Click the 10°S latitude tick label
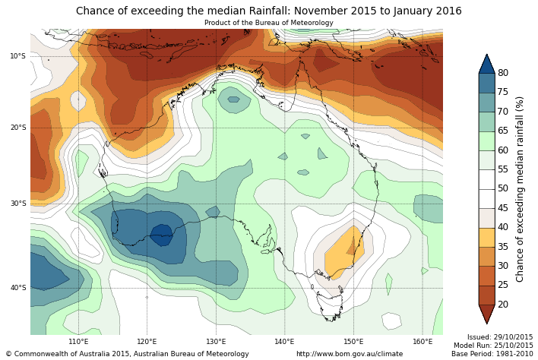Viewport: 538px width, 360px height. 17,56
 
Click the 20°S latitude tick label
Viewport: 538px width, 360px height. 17,128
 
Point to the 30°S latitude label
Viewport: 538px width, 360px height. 17,204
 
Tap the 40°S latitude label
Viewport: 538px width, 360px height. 17,288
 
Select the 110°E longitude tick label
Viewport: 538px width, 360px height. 78,341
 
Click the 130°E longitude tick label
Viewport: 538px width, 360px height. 216,341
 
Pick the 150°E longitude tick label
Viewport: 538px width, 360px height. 353,341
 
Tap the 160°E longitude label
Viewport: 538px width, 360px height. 422,341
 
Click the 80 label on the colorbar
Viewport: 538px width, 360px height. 503,73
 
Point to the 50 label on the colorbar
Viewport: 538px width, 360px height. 503,188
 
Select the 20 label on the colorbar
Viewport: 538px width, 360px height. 503,305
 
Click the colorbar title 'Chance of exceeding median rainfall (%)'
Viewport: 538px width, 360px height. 521,188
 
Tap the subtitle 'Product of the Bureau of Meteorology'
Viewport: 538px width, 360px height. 268,23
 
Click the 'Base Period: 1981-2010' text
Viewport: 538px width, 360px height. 492,354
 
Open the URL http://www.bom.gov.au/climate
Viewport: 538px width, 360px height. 350,354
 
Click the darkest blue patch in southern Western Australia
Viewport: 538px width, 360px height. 161,234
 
